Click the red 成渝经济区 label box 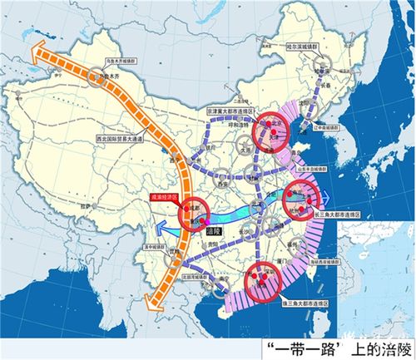(165, 198)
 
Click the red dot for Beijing (269, 130)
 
